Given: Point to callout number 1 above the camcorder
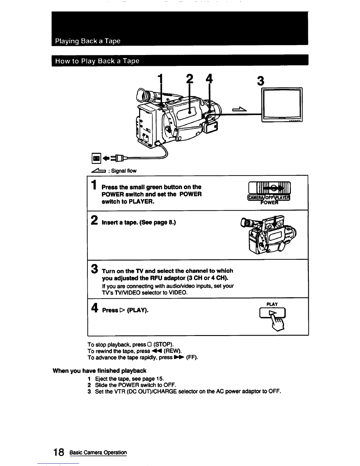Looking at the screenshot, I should click(161, 79).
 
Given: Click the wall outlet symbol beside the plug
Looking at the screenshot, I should click(96, 159).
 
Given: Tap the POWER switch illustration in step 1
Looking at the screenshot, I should click(269, 191).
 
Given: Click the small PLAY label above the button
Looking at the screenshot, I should click(272, 304).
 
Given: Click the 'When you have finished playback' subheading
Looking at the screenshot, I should click(99, 371).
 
